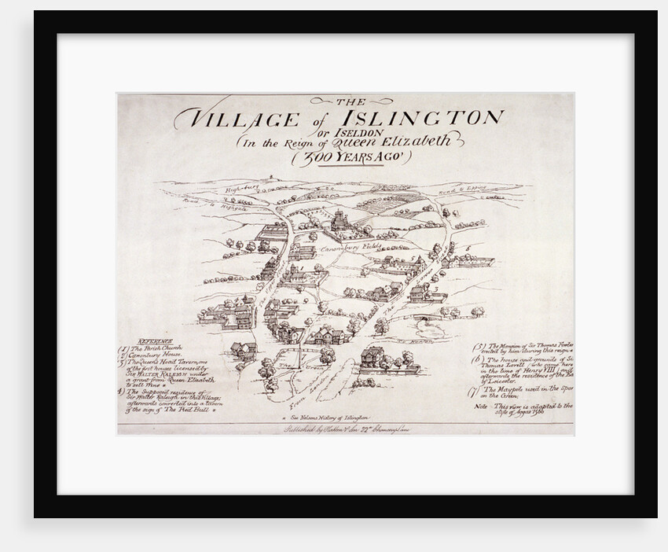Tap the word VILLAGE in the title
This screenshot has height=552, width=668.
pyautogui.click(x=228, y=120)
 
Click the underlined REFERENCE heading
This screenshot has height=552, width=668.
pyautogui.click(x=155, y=340)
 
